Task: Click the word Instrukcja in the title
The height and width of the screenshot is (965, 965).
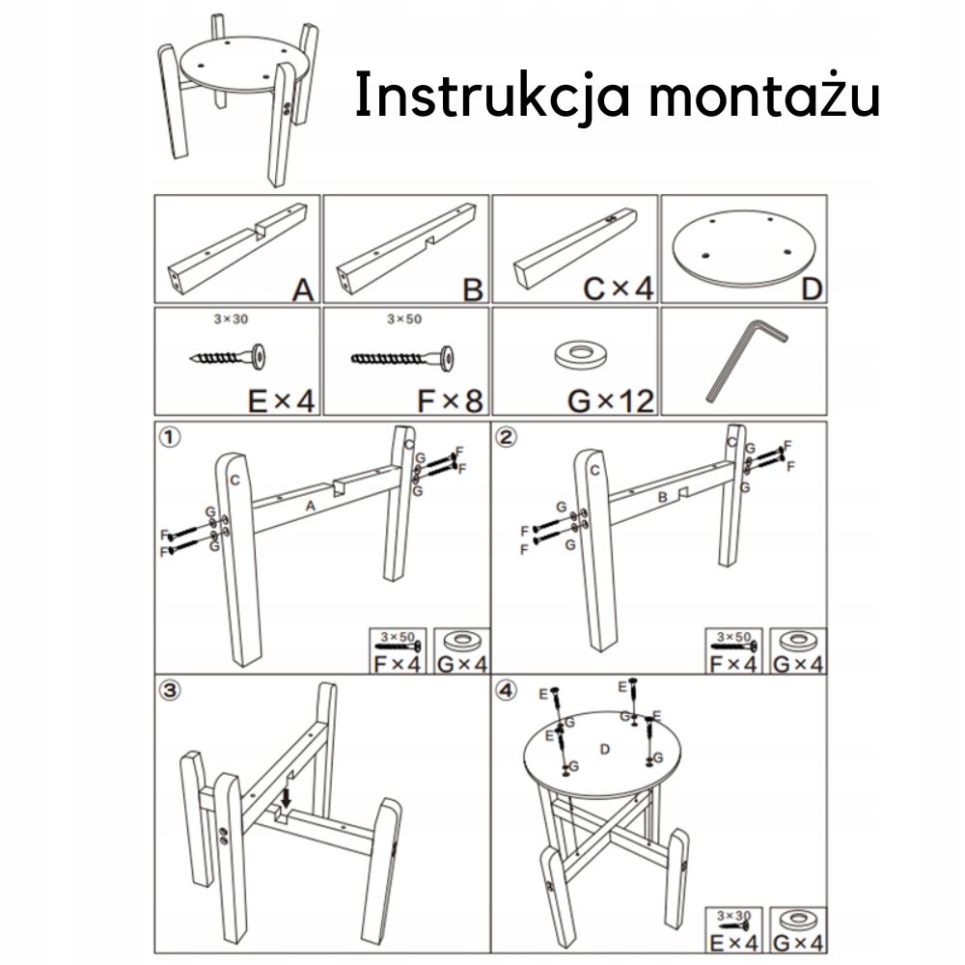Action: pos(493,96)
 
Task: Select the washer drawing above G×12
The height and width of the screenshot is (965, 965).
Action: pos(578,353)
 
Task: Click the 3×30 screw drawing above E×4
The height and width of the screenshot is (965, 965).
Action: pos(229,357)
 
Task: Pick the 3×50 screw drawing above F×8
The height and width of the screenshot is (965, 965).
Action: pos(402,358)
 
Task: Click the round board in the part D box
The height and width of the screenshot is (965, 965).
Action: pos(743,248)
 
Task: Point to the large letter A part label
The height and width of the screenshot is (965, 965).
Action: pos(303,289)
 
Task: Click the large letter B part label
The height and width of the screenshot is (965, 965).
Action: pos(473,289)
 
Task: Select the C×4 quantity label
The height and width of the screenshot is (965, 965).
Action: pos(618,289)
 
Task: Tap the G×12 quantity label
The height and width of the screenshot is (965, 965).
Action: pos(611,401)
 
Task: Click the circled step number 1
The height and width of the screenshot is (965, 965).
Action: pos(170,437)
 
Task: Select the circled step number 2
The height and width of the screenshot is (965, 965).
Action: pos(507,437)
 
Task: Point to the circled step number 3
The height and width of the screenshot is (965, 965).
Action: pos(170,691)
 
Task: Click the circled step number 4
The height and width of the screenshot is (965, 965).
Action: pos(507,691)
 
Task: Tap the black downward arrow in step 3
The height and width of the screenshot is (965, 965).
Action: pos(286,798)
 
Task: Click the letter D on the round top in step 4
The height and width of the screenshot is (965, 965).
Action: pos(605,749)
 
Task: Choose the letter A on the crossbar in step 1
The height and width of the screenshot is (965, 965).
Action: pos(311,506)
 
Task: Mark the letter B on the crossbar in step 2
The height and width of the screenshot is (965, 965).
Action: pos(662,497)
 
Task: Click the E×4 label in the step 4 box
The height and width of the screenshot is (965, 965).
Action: pos(733,942)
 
